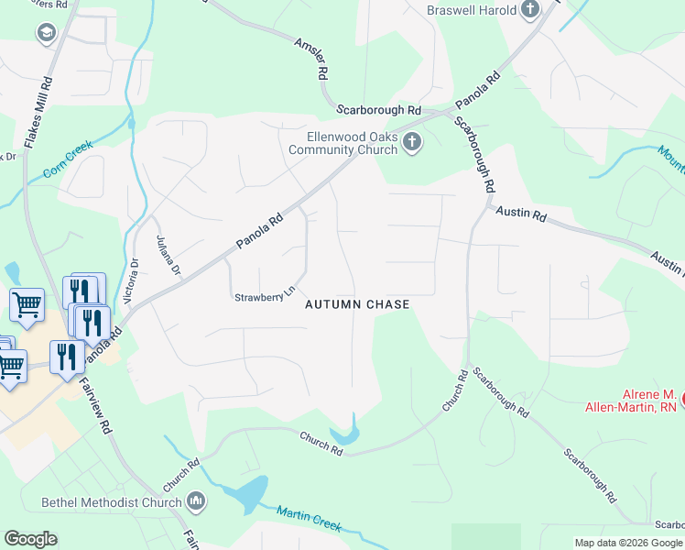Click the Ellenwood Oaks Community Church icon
click(412, 142)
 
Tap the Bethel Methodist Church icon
click(196, 501)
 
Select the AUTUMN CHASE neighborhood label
click(356, 303)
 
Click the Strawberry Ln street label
click(265, 295)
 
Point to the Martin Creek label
click(310, 519)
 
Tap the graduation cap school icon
click(45, 34)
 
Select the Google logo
click(30, 539)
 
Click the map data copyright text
click(628, 543)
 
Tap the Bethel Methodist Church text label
click(113, 502)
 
